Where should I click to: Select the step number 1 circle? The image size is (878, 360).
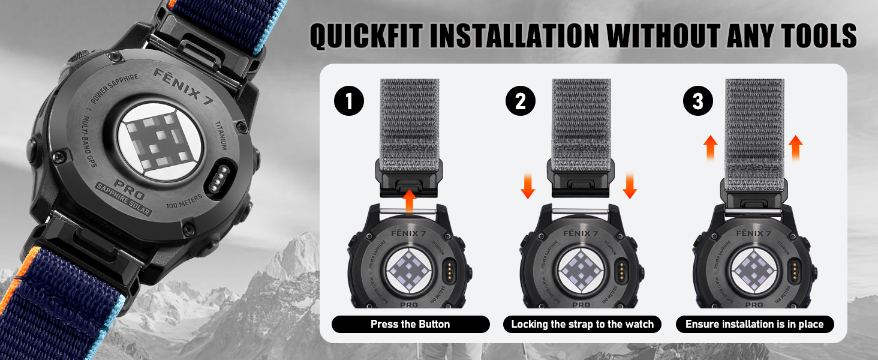click(349, 101)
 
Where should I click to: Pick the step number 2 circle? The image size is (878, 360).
click(520, 101)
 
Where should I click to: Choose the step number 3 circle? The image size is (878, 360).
click(697, 101)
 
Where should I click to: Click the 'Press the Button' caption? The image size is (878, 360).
click(410, 325)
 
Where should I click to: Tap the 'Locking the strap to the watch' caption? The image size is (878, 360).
click(582, 325)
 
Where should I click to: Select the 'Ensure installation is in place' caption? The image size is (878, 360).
click(754, 325)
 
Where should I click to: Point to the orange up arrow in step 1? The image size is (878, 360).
click(409, 200)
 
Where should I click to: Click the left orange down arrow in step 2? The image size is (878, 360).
click(528, 185)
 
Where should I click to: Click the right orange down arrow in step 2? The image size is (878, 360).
click(629, 185)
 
